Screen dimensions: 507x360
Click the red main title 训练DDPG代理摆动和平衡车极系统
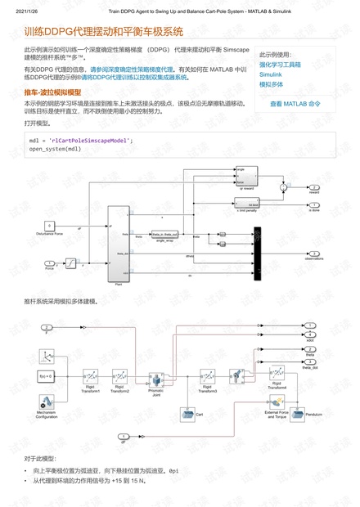(x=103, y=33)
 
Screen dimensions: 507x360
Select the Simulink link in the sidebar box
(x=270, y=74)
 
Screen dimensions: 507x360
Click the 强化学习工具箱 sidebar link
(x=280, y=63)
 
